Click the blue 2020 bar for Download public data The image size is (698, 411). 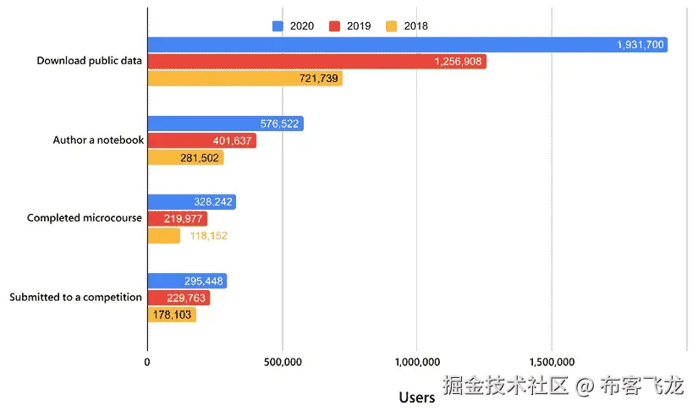tap(407, 45)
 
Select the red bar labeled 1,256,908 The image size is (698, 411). tap(316, 62)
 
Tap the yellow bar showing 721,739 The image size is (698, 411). tap(245, 79)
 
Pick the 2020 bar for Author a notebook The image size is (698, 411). tap(225, 123)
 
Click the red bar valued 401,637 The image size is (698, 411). tap(201, 140)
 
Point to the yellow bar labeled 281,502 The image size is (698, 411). tap(185, 157)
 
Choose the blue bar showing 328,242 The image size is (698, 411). tap(191, 202)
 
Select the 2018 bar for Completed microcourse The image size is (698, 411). tap(164, 236)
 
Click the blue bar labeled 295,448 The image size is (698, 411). tap(187, 281)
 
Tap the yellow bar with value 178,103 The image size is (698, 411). tap(172, 315)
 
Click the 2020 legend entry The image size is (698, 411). tap(294, 25)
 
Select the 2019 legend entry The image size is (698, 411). tap(349, 25)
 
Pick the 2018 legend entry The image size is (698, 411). tap(407, 25)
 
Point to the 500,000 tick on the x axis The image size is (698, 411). tap(282, 363)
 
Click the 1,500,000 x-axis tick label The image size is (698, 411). tap(552, 363)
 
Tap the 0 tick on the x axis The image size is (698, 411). tap(148, 363)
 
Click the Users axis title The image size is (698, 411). tap(416, 396)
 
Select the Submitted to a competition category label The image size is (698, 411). tap(75, 298)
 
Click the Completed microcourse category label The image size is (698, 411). tap(84, 218)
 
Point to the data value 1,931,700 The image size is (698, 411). tap(640, 45)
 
